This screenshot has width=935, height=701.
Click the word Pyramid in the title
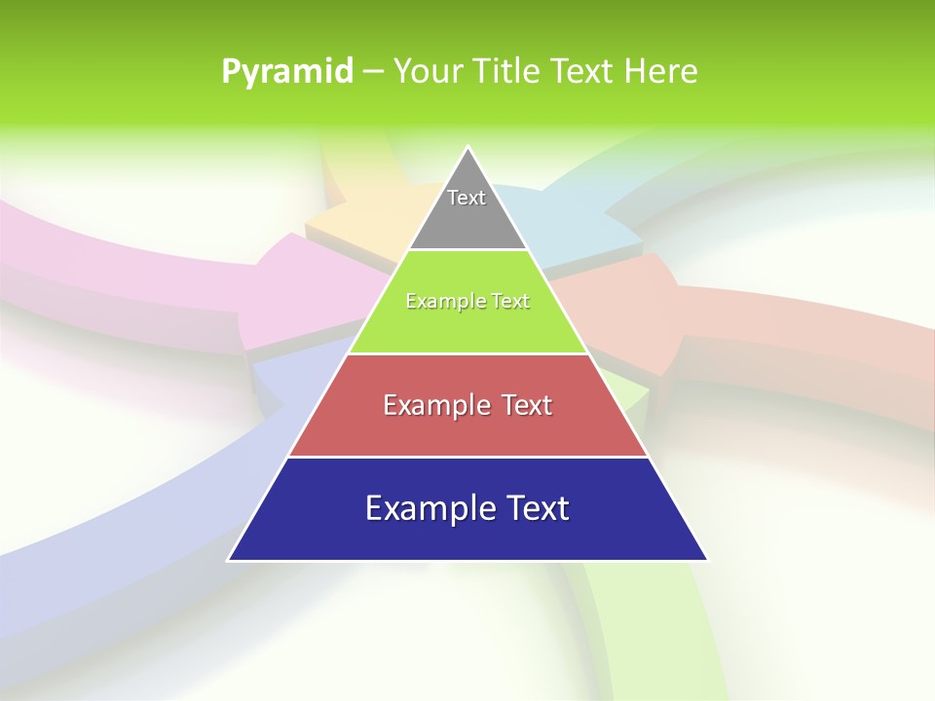287,72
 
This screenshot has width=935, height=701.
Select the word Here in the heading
664,72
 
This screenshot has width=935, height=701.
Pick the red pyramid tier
467,428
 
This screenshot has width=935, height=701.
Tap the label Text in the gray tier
467,198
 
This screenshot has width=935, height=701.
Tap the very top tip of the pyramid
468,150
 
